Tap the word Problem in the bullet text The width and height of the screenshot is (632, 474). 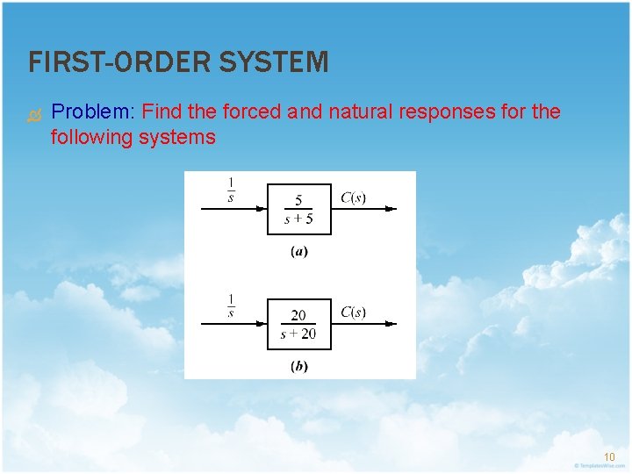click(91, 112)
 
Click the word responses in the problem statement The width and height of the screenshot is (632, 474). click(447, 112)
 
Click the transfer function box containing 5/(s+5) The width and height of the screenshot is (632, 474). click(299, 209)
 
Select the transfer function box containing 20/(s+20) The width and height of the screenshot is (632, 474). click(299, 324)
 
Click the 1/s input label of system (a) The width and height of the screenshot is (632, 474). click(231, 190)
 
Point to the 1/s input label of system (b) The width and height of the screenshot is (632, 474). click(231, 304)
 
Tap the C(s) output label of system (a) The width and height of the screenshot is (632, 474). click(353, 197)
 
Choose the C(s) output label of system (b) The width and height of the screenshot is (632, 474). click(353, 312)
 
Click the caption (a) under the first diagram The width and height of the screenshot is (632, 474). click(299, 252)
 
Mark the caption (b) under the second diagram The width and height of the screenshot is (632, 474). click(299, 367)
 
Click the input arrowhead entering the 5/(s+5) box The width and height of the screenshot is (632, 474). click(262, 209)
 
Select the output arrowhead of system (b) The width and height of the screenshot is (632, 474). click(391, 324)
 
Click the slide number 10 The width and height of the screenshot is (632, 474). click(609, 456)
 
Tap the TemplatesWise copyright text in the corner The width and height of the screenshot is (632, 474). click(597, 465)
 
